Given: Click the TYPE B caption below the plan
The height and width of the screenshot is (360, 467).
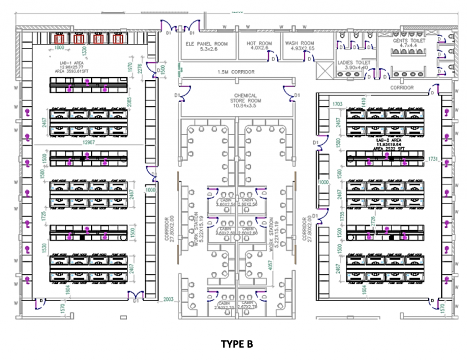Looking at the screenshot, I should (237, 344).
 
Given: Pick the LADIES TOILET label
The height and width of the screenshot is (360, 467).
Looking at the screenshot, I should (354, 63).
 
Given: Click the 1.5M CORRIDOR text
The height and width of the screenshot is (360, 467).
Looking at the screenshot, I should (236, 72).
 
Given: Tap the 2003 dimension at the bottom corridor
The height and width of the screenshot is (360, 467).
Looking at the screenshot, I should (169, 300).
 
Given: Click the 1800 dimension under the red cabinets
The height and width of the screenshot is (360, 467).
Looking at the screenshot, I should (59, 47).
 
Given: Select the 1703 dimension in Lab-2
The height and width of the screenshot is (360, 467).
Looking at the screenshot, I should (337, 104).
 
